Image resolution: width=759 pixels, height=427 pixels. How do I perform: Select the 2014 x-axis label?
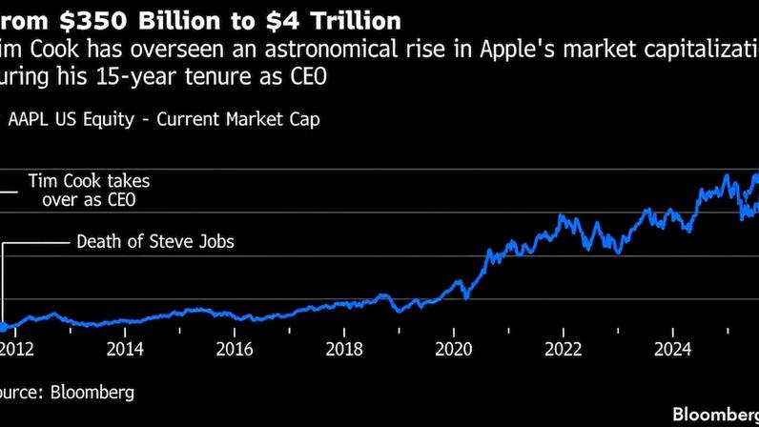coord(125,349)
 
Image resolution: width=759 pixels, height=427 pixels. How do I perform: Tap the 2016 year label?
coord(235,349)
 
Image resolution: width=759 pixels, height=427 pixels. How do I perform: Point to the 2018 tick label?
coord(344,349)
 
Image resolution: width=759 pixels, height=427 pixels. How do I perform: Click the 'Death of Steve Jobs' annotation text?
coord(155,242)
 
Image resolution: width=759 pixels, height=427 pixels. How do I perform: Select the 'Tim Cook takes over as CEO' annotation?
coord(89,191)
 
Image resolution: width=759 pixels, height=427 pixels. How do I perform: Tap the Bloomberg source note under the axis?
coord(67,392)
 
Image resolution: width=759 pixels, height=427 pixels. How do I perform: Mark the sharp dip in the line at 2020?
coord(466,297)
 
